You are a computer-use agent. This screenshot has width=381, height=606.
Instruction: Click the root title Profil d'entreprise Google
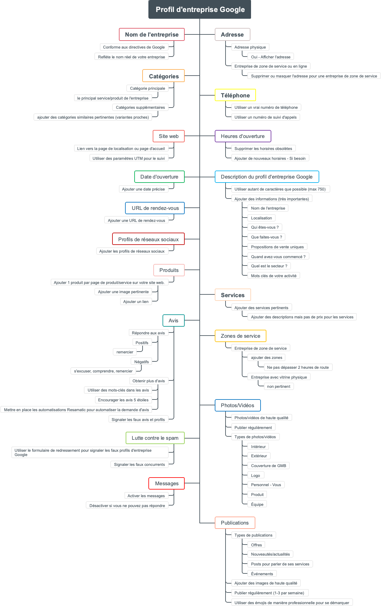pos(200,10)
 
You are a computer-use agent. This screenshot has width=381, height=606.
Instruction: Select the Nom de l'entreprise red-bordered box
pos(152,34)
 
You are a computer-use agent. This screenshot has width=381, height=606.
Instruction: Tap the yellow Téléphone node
pos(235,95)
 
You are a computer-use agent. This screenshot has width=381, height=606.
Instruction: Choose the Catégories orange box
pos(163,76)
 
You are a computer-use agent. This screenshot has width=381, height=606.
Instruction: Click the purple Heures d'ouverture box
pos(243,136)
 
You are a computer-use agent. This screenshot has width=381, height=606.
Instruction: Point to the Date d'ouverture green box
pos(159,177)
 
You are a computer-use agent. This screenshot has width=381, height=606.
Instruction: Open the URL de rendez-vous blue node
pos(155,208)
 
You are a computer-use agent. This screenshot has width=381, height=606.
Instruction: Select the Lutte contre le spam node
pos(155,438)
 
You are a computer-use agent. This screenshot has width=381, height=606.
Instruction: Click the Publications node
pos(235,523)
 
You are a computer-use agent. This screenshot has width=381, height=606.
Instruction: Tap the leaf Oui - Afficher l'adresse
pos(270,57)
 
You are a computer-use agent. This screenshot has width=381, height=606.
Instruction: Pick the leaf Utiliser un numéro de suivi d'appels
pos(265,117)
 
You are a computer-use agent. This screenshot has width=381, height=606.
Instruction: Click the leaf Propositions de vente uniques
pos(277,247)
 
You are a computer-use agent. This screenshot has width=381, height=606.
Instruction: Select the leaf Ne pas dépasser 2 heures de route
pos(298,367)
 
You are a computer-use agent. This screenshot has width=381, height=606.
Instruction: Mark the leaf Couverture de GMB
pos(268,466)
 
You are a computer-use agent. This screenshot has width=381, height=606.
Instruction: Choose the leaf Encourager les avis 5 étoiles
pos(123,400)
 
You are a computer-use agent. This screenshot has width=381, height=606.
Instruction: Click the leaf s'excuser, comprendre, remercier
pos(103,371)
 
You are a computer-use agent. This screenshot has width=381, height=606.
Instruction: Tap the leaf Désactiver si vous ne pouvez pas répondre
pos(127,506)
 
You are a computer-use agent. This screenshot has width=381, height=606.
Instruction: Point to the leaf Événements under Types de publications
pos(262,574)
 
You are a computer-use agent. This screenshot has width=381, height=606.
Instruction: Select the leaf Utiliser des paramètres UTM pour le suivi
pos(129,158)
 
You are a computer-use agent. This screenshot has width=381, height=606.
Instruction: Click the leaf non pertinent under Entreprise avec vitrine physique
pos(278,386)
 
